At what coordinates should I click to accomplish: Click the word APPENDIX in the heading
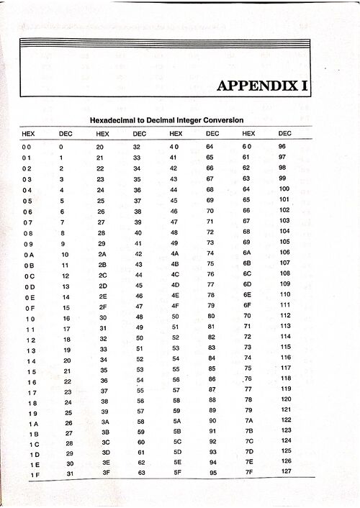click(x=258, y=86)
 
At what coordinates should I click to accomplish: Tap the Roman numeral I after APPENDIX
click(x=306, y=86)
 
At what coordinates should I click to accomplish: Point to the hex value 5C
click(x=175, y=440)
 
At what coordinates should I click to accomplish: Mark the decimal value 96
click(x=282, y=146)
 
